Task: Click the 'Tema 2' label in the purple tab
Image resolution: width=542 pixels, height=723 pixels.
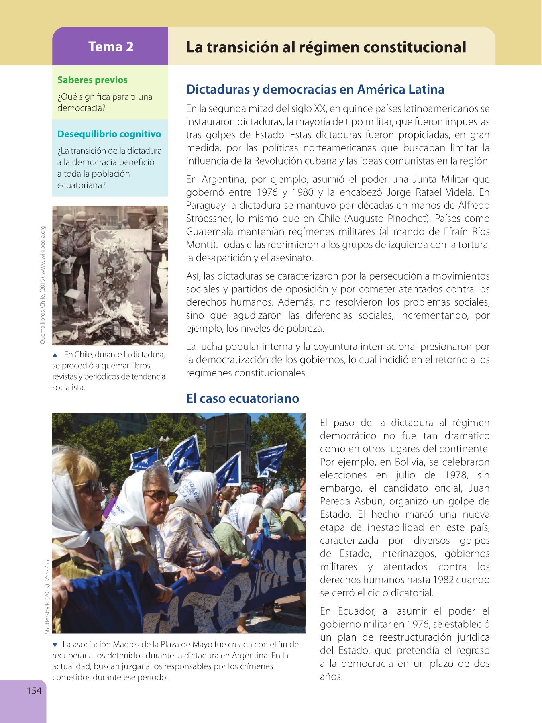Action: (x=111, y=47)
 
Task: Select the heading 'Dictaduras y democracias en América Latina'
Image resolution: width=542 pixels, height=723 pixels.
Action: (x=315, y=89)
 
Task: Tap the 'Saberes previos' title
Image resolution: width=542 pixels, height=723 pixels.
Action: (x=92, y=80)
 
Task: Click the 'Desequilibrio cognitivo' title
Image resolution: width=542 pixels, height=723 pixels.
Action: (x=109, y=134)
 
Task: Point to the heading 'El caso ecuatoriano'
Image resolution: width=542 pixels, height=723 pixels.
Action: (x=242, y=398)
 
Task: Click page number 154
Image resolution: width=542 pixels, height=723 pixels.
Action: (x=34, y=690)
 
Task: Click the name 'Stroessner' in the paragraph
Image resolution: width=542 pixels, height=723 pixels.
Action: (x=209, y=219)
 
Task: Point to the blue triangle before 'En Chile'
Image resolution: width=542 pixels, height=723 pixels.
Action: (x=55, y=355)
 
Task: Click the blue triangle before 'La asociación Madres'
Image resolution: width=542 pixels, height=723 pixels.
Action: (x=55, y=645)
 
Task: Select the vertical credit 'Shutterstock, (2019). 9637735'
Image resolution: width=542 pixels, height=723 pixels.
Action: (x=47, y=597)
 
